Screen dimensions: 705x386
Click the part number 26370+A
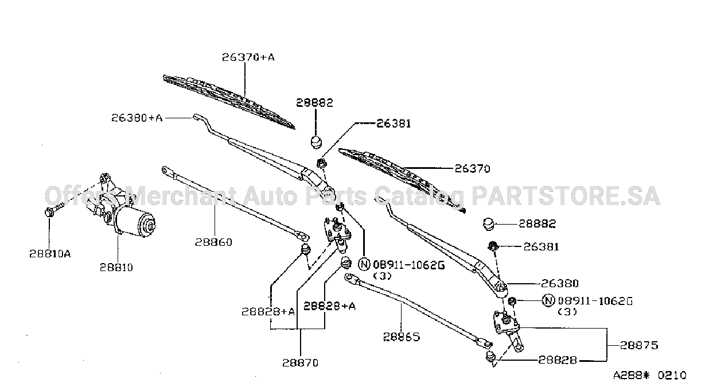248,57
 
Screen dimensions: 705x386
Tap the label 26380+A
137,118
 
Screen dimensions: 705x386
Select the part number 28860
213,242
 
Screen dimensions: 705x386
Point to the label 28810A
50,254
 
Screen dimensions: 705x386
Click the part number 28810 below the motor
116,268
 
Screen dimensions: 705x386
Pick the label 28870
300,363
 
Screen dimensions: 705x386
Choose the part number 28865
402,337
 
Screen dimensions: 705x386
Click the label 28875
639,345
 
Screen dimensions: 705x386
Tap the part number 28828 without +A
558,360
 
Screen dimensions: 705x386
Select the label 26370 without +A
473,169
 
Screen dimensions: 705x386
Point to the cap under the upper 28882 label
317,141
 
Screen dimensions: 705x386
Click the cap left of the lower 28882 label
489,223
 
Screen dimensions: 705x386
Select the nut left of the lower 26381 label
493,246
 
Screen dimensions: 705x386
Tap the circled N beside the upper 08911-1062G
364,264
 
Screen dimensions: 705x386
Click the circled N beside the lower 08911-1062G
548,300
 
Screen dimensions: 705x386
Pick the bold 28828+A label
329,306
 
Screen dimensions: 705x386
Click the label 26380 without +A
560,284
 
